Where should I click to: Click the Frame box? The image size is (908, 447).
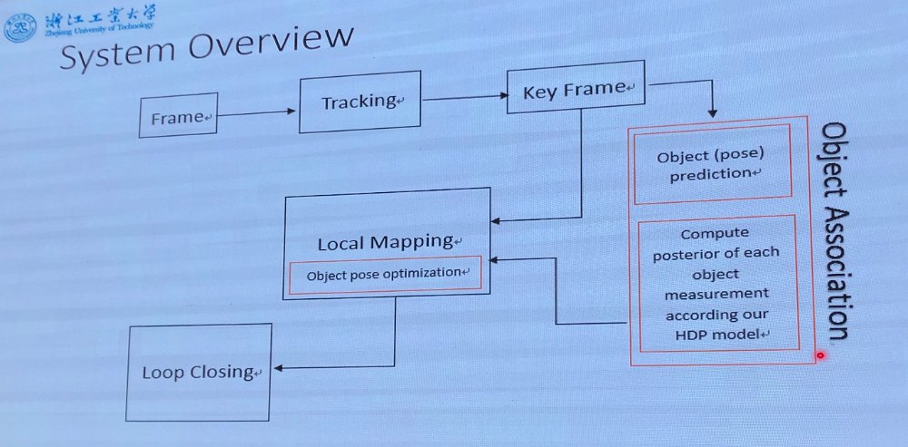tap(178, 115)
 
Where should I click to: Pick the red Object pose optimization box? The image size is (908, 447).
tap(384, 274)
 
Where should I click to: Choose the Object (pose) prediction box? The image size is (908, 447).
tap(712, 164)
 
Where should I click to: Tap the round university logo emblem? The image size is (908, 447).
tap(17, 27)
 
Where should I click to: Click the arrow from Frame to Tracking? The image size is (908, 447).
tap(258, 113)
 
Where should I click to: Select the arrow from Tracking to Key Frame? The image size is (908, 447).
tap(463, 97)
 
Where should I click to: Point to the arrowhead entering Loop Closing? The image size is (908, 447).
tap(278, 367)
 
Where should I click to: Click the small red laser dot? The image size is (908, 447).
tap(819, 355)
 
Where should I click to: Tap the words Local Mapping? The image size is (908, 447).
tap(386, 243)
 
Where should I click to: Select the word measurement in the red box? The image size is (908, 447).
tap(718, 294)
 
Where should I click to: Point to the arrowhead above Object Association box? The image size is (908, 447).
tap(712, 113)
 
